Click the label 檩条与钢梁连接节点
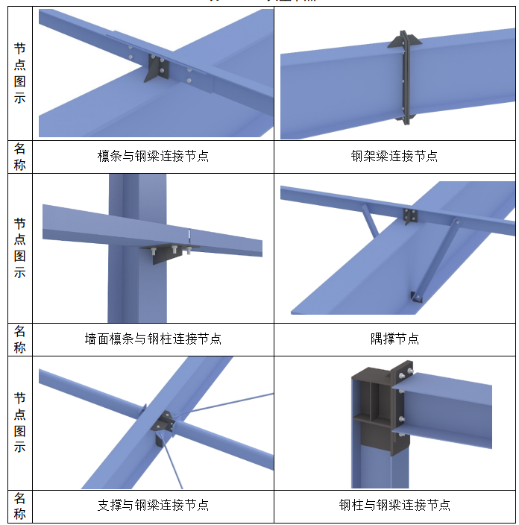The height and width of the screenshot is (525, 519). coord(153,156)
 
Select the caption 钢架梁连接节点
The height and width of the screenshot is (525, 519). coord(394,156)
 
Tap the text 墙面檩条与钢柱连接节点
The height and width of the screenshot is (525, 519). coord(153,339)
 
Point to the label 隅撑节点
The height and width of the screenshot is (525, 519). coord(394,339)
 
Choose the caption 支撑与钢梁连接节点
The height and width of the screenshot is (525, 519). coord(153,505)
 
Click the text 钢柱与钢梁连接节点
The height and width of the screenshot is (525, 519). coord(394,505)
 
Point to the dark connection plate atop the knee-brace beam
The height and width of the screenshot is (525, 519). coord(409,216)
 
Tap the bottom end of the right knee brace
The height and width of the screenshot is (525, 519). coord(415,296)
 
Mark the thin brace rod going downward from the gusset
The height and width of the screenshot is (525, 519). coord(176,467)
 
